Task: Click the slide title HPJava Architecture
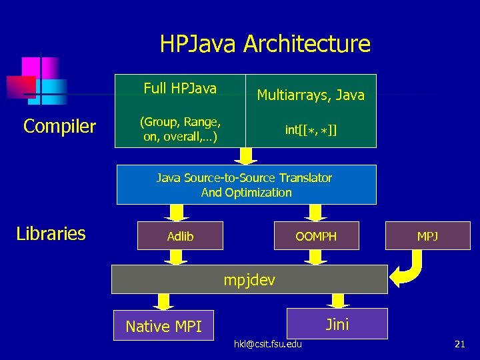coord(265,44)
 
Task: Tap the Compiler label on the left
coord(59,126)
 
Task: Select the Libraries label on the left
coord(51,233)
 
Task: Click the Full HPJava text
coord(180,88)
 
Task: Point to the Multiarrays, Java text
coord(311,95)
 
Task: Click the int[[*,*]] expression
coord(311,130)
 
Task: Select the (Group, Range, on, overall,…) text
coord(180,130)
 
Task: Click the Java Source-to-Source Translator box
coord(246,185)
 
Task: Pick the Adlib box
coord(180,236)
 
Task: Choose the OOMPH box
coord(316,236)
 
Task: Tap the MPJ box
coord(427,236)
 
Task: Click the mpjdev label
coord(249,279)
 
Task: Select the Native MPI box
coord(163,326)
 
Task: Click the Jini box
coord(337,324)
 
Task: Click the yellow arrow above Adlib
coord(177,213)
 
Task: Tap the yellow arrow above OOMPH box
coord(314,213)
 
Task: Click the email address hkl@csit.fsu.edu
coord(267,343)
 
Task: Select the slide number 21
coord(459,344)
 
